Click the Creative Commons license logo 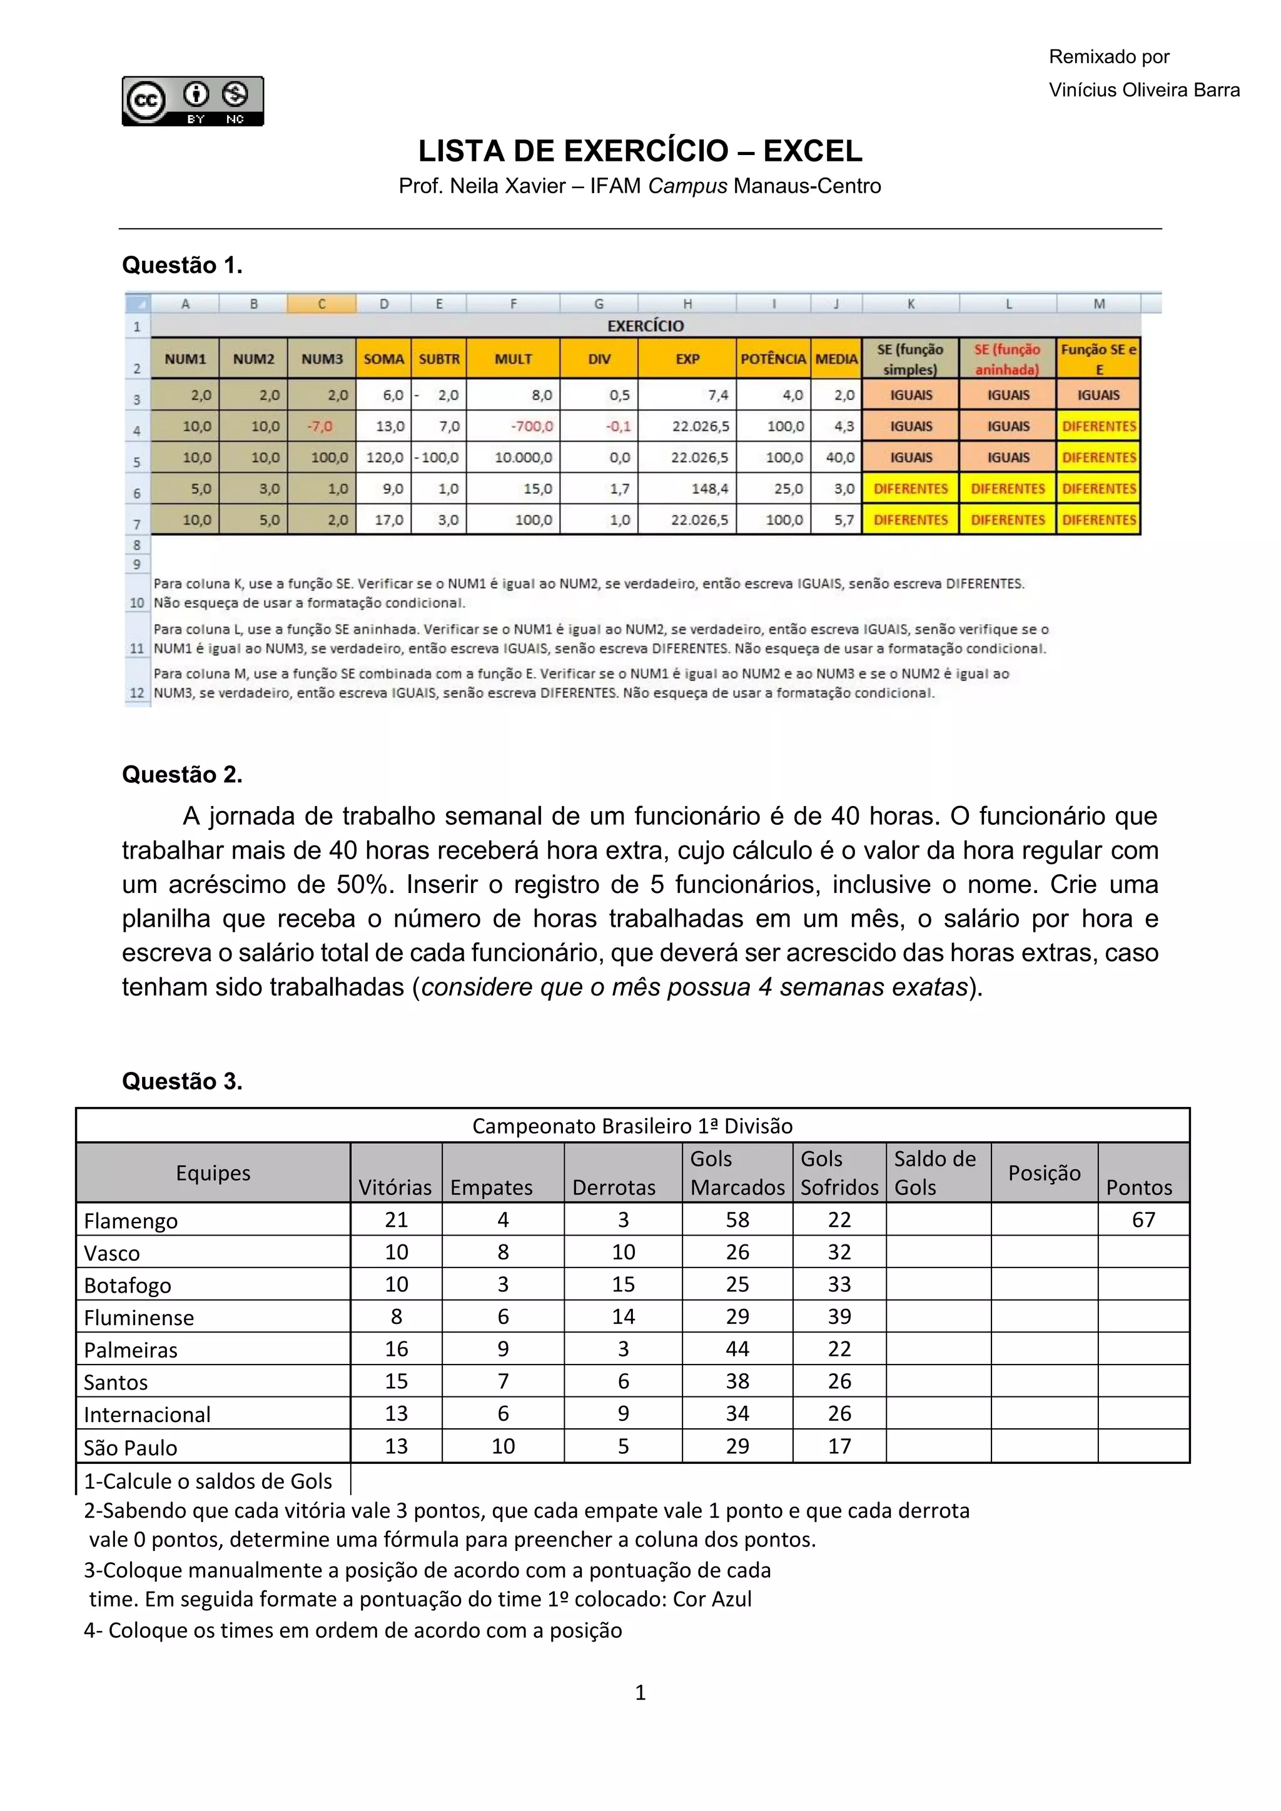[193, 101]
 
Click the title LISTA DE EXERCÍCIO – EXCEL [640, 151]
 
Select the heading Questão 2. [181, 775]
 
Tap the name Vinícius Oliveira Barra [1144, 90]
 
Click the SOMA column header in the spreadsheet [383, 359]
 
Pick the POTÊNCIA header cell [772, 359]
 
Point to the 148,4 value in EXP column [709, 489]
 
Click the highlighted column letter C [322, 304]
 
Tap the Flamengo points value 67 [1143, 1220]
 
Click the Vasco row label [112, 1253]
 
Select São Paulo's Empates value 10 [504, 1446]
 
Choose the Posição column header [1043, 1173]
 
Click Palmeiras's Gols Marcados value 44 [737, 1349]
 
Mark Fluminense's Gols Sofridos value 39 [839, 1317]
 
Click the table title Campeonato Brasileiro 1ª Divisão [632, 1126]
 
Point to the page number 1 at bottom [640, 1693]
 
